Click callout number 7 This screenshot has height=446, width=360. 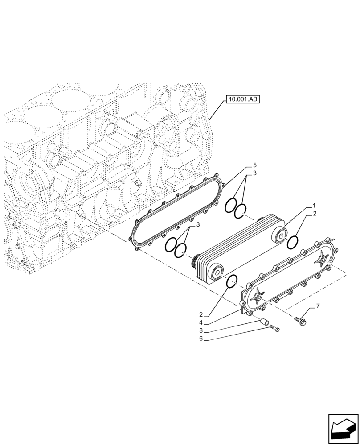[x=318, y=306]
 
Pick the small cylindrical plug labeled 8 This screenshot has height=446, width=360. [x=264, y=322]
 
